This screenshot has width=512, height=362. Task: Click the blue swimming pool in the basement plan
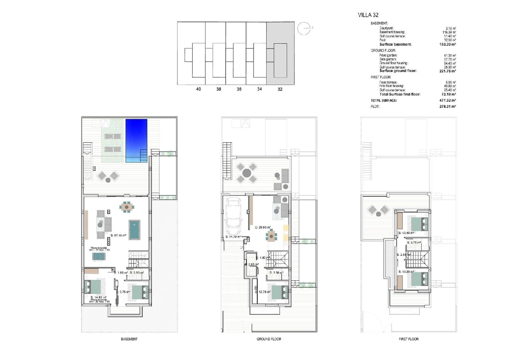pyautogui.click(x=136, y=140)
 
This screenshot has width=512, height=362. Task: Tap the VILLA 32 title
pyautogui.click(x=368, y=15)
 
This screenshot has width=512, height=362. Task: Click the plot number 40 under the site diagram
pyautogui.click(x=198, y=89)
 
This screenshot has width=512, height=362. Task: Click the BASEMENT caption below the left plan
pyautogui.click(x=129, y=339)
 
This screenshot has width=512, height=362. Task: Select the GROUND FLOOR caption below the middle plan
pyautogui.click(x=269, y=339)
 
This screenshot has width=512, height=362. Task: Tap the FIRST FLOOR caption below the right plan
pyautogui.click(x=409, y=339)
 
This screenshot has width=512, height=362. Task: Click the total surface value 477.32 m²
pyautogui.click(x=447, y=100)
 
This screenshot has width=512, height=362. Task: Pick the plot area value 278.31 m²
pyautogui.click(x=447, y=106)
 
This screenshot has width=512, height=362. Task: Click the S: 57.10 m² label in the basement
pyautogui.click(x=118, y=235)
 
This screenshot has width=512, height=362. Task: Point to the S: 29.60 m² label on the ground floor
pyautogui.click(x=263, y=227)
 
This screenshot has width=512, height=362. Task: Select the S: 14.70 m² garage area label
pyautogui.click(x=233, y=237)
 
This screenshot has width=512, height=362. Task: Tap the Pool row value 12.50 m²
pyautogui.click(x=450, y=40)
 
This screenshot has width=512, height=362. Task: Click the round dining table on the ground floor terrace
pyautogui.click(x=247, y=172)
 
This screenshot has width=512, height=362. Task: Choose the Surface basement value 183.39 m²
pyautogui.click(x=447, y=44)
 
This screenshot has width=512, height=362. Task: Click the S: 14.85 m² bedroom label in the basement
pyautogui.click(x=99, y=297)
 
